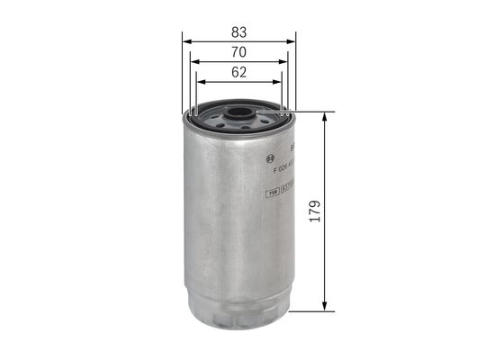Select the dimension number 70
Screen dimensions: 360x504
238,52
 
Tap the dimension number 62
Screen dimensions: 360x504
238,74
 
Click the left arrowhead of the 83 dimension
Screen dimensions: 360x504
185,40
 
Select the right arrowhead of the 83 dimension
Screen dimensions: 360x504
292,40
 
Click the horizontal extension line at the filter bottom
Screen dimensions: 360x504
306,311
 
